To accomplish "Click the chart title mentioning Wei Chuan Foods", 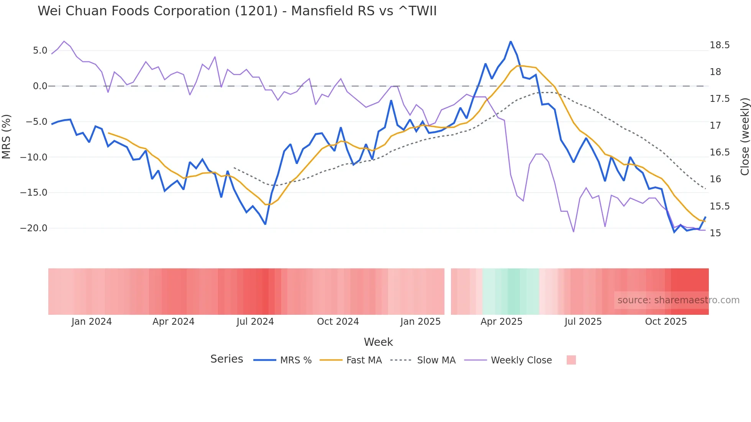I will (x=237, y=11).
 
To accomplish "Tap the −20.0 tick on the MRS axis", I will (x=34, y=228).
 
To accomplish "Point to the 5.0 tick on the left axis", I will (x=40, y=51).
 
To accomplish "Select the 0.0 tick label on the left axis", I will (x=40, y=86).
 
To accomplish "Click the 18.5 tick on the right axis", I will (x=719, y=45).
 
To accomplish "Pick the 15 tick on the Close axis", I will (x=715, y=233).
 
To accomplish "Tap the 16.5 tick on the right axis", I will (x=719, y=152).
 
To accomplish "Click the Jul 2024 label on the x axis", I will (x=255, y=322).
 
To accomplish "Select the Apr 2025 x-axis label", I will (x=501, y=322).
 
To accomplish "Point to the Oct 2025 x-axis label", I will (x=666, y=322).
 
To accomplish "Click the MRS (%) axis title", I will (x=7, y=136).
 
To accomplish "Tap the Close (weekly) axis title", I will (x=744, y=136).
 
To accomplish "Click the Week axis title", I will (x=378, y=342).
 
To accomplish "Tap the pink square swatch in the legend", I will (x=571, y=360).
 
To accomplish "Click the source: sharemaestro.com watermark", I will (x=678, y=300).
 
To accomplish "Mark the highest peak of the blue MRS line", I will (x=510, y=41).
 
